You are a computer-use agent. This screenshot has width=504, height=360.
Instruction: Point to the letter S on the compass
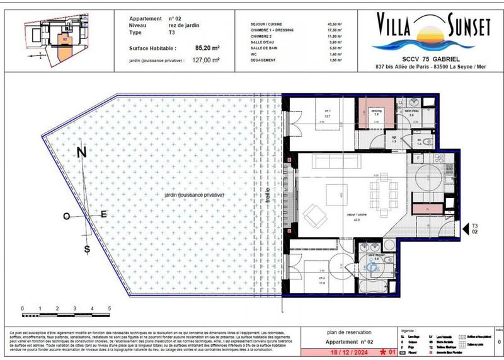(x=87, y=249)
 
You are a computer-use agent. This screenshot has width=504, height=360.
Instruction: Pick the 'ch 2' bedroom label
(x=321, y=277)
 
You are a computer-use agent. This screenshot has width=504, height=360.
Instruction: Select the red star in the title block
(x=382, y=354)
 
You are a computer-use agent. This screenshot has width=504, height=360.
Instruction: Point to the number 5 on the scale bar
(x=110, y=308)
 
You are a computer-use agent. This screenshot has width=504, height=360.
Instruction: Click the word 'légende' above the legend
(x=408, y=330)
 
